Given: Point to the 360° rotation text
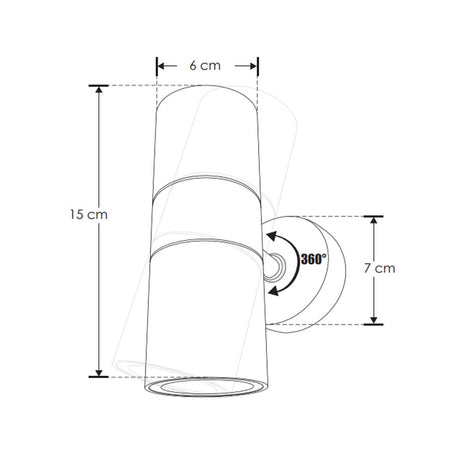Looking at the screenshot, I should coord(312,258).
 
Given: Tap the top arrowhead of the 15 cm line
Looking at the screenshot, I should coord(99,91).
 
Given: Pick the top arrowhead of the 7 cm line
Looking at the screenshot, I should coord(375,220).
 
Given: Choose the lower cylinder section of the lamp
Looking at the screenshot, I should coord(208,310).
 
